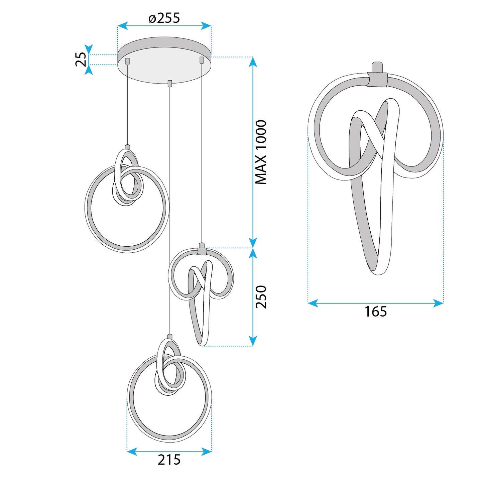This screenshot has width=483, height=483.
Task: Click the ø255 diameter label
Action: (164, 18)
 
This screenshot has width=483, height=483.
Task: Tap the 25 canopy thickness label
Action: (81, 59)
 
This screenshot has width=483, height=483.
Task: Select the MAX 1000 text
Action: (261, 152)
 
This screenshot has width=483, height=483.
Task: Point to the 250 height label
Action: (261, 296)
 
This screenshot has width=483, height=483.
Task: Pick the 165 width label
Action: (376, 312)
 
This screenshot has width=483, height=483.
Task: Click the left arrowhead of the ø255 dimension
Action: (123, 25)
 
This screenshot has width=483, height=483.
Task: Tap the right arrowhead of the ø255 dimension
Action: (206, 25)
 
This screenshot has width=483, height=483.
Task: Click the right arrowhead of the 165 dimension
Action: (439, 303)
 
